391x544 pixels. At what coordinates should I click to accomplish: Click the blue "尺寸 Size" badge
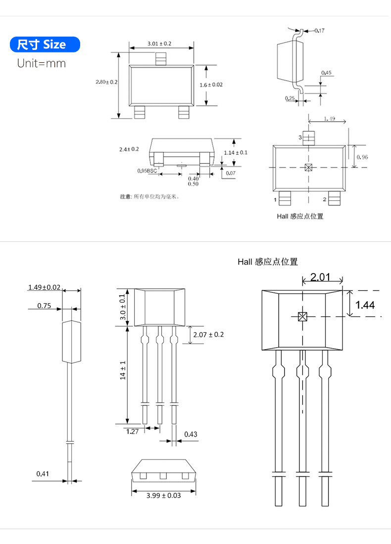[45, 45]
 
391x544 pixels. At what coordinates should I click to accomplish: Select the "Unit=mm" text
[41, 63]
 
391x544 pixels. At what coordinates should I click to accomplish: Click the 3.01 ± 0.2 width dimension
[159, 44]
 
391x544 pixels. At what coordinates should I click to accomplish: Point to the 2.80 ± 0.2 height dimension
[106, 82]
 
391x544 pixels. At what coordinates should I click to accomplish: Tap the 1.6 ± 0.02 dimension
[211, 85]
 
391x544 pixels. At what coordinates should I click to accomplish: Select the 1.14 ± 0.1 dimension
[236, 152]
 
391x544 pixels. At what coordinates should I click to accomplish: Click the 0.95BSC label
[147, 171]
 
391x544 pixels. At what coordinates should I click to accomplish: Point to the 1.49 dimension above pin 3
[329, 119]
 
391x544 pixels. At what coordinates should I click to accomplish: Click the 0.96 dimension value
[362, 157]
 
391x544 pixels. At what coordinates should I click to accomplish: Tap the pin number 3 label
[299, 137]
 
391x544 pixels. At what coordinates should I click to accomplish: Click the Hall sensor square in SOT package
[308, 167]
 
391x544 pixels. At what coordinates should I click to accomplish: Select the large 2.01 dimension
[320, 277]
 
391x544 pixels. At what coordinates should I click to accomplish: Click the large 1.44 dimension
[365, 305]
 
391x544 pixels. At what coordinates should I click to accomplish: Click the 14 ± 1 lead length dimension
[123, 370]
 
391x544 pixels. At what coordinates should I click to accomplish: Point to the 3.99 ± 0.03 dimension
[163, 495]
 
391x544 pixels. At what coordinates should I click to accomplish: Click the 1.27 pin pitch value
[132, 432]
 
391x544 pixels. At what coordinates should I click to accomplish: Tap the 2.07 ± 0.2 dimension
[208, 335]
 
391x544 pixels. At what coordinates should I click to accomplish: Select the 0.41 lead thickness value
[43, 474]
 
